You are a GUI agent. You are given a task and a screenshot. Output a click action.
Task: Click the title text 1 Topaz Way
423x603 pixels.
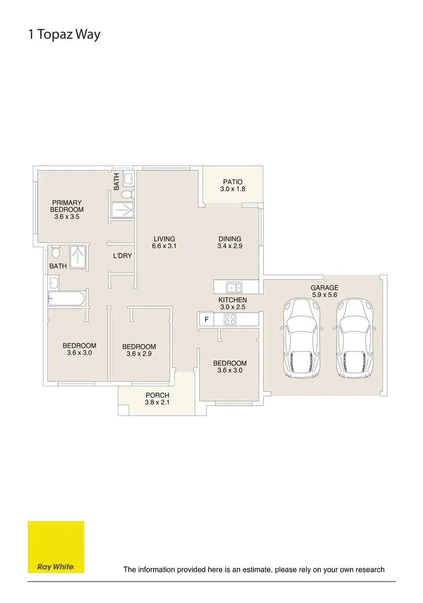[x=64, y=34]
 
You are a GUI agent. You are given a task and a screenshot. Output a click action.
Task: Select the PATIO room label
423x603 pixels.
[x=232, y=182]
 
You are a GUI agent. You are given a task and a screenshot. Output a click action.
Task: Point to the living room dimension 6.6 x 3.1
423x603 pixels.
[x=164, y=246]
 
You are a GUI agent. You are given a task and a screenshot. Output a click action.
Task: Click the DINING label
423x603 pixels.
[x=230, y=239]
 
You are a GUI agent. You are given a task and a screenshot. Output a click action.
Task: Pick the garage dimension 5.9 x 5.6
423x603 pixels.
[x=324, y=294]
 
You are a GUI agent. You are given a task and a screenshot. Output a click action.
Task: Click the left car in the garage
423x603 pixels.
[x=303, y=338]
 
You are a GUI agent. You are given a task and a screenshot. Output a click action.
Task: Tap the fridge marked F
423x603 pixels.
[x=206, y=319]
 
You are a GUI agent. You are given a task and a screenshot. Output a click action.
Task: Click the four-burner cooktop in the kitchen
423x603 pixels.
[x=231, y=319]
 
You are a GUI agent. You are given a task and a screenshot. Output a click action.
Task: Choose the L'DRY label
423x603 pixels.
[x=122, y=256]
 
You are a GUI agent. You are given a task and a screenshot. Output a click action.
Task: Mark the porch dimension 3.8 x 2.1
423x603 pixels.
[x=157, y=403]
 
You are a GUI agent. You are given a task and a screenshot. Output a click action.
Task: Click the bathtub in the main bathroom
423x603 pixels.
[x=67, y=298]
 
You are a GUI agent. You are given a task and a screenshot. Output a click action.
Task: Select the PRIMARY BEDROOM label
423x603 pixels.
[x=67, y=206]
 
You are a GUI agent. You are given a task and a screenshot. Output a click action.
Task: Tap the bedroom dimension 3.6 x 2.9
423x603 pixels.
[x=139, y=354]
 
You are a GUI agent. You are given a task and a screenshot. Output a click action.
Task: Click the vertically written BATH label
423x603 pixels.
[x=116, y=181]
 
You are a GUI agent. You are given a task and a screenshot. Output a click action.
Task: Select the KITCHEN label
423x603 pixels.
[x=232, y=300]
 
